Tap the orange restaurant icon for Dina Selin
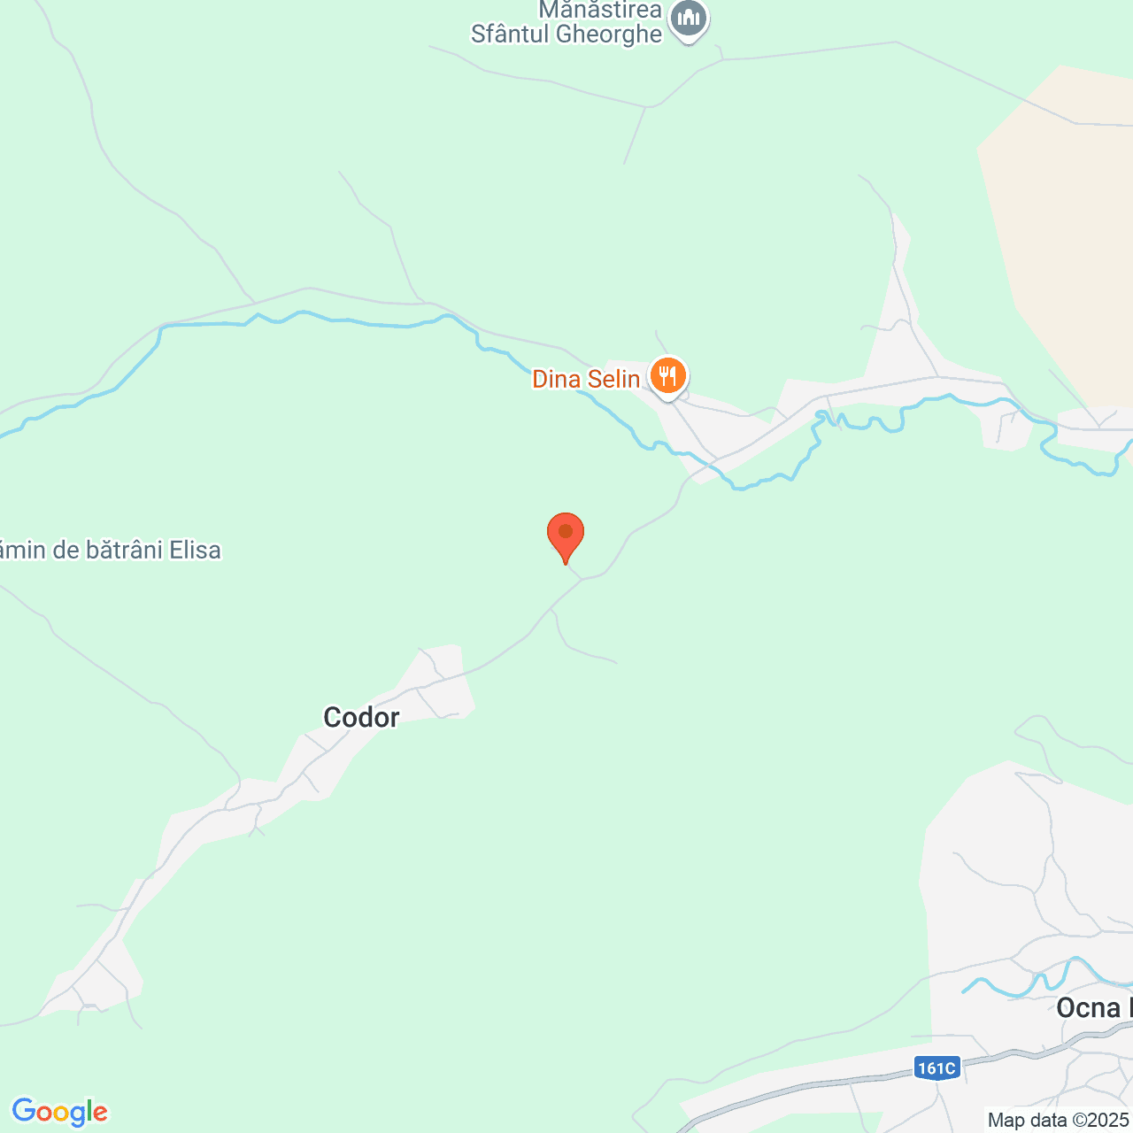668,376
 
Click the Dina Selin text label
585,380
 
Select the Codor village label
361,717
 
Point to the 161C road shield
936,1068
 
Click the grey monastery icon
689,19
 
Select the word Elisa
195,550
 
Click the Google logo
59,1112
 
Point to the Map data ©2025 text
1057,1120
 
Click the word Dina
556,380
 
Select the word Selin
613,380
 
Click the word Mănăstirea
600,10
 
